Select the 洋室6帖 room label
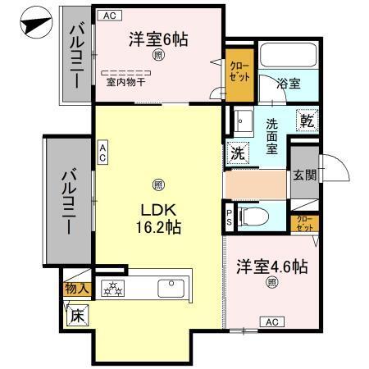[158, 39]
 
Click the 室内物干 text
[125, 81]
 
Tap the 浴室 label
[289, 84]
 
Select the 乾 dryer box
[307, 120]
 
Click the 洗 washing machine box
[237, 151]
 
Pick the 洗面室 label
[272, 137]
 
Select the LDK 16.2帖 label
[158, 217]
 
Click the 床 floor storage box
[76, 312]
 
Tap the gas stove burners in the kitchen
[112, 288]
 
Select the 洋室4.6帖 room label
[272, 266]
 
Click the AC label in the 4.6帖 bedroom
[271, 322]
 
